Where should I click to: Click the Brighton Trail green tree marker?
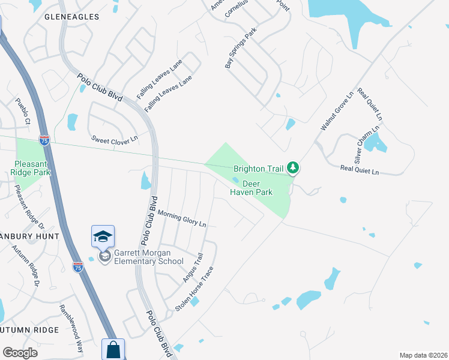[x=293, y=168]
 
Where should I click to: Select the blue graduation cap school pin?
[x=103, y=236]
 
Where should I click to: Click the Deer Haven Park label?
[x=252, y=188]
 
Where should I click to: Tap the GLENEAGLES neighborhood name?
[x=71, y=17]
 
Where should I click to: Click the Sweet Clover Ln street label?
[x=115, y=139]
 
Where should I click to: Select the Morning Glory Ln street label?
[x=182, y=218]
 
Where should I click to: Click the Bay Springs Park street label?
[x=241, y=47]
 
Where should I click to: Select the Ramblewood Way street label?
[x=71, y=327]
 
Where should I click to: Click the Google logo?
[x=20, y=353]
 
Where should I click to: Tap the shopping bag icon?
[x=113, y=349]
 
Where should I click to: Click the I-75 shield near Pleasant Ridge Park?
[x=44, y=140]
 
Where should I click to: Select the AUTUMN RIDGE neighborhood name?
[x=30, y=330]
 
